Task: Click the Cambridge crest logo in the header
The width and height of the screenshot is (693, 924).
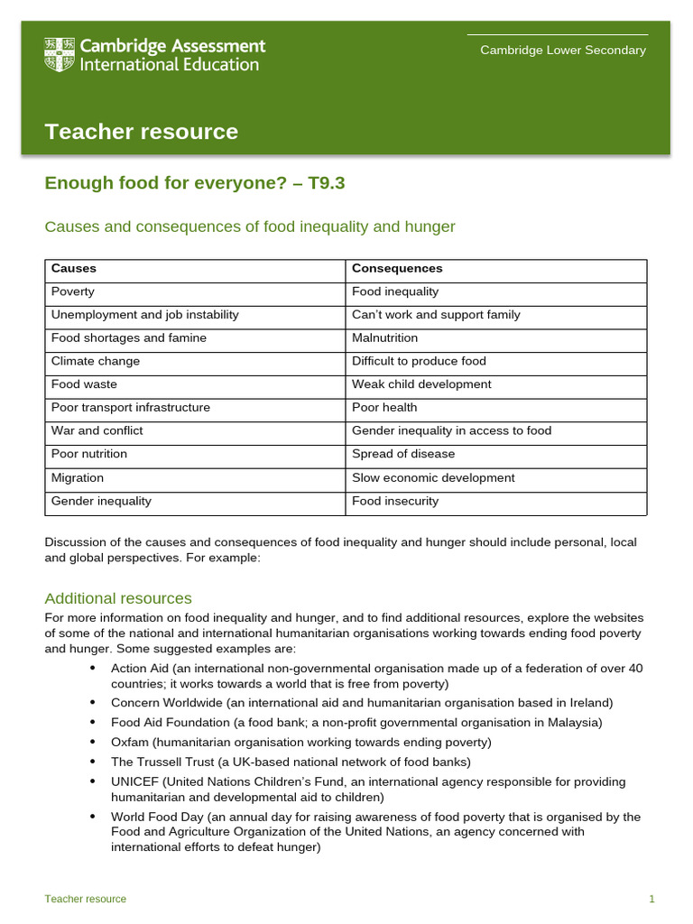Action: pyautogui.click(x=60, y=55)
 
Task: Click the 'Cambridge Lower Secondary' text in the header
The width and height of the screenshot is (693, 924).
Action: pyautogui.click(x=562, y=51)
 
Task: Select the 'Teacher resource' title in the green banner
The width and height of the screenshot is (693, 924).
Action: pyautogui.click(x=142, y=132)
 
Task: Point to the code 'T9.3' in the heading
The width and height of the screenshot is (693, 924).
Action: pyautogui.click(x=327, y=183)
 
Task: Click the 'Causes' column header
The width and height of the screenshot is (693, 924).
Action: pyautogui.click(x=74, y=269)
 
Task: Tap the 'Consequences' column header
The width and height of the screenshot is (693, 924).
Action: pyautogui.click(x=397, y=269)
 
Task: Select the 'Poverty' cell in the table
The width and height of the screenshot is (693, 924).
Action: pyautogui.click(x=73, y=291)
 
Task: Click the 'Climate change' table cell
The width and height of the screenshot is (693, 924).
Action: pyautogui.click(x=96, y=361)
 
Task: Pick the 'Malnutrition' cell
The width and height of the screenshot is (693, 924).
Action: pyautogui.click(x=384, y=337)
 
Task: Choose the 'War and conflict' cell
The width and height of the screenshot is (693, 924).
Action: pyautogui.click(x=97, y=430)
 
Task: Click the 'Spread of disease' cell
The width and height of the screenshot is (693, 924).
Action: pyautogui.click(x=403, y=454)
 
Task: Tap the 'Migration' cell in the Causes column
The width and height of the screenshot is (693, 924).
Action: pyautogui.click(x=78, y=477)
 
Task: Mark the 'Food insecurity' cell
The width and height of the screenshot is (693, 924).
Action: pyautogui.click(x=395, y=501)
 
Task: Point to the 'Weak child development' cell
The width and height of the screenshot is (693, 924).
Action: pyautogui.click(x=421, y=384)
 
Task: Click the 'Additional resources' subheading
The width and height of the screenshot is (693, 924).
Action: pyautogui.click(x=118, y=598)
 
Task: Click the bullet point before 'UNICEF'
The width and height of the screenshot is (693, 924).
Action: pyautogui.click(x=93, y=781)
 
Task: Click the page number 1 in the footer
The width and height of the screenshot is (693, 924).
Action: pyautogui.click(x=651, y=899)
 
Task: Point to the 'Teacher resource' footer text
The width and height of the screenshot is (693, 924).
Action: pyautogui.click(x=86, y=899)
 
